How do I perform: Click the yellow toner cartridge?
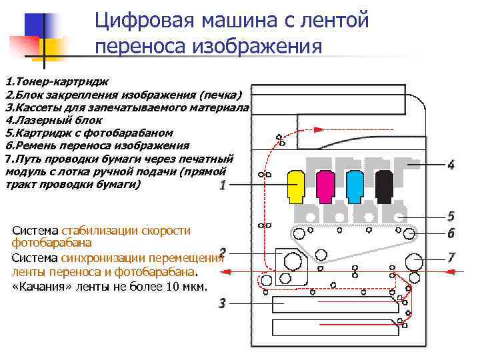[295, 185]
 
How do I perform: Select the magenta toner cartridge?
[325, 185]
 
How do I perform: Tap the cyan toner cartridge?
[354, 185]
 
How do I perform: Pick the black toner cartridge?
[384, 185]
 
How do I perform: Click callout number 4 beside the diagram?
[451, 165]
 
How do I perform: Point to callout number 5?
[451, 216]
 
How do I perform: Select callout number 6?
[451, 233]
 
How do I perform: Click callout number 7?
[451, 256]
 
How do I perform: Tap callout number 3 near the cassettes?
[222, 303]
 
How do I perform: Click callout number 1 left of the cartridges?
[222, 185]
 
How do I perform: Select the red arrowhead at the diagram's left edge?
[227, 271]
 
